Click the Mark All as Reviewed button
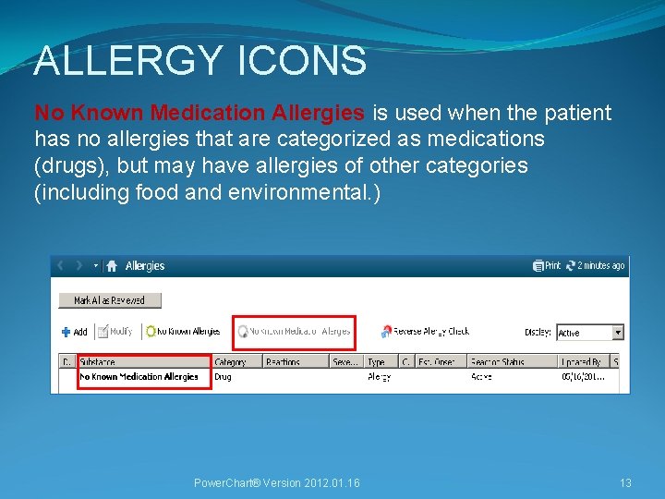110,300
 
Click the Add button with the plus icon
74,332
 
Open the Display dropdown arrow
618,333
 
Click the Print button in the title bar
547,266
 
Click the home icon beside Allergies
112,266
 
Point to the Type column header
376,362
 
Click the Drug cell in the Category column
223,377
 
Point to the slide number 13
625,483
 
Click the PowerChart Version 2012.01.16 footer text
276,483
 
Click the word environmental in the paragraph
294,192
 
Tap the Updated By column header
582,362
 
